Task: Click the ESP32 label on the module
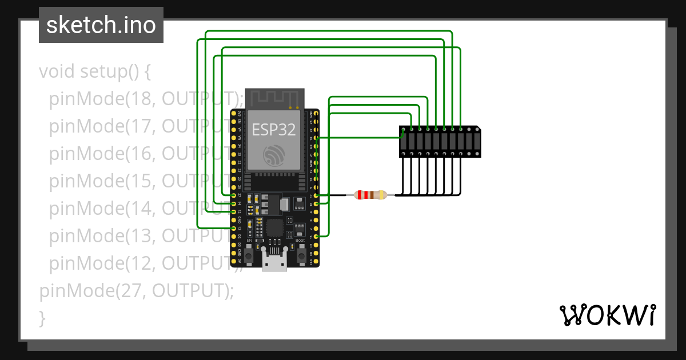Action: pos(274,129)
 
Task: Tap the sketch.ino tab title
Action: pos(101,25)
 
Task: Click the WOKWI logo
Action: pos(607,315)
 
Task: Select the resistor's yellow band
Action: pos(381,195)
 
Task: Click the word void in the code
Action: pos(57,72)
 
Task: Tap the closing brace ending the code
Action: pos(42,318)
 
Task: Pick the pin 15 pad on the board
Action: pos(316,236)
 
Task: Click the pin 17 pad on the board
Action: pos(316,195)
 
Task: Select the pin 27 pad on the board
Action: pos(233,195)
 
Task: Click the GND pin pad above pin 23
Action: pos(316,114)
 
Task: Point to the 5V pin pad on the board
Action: pos(233,261)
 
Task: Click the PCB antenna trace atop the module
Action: pos(274,97)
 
